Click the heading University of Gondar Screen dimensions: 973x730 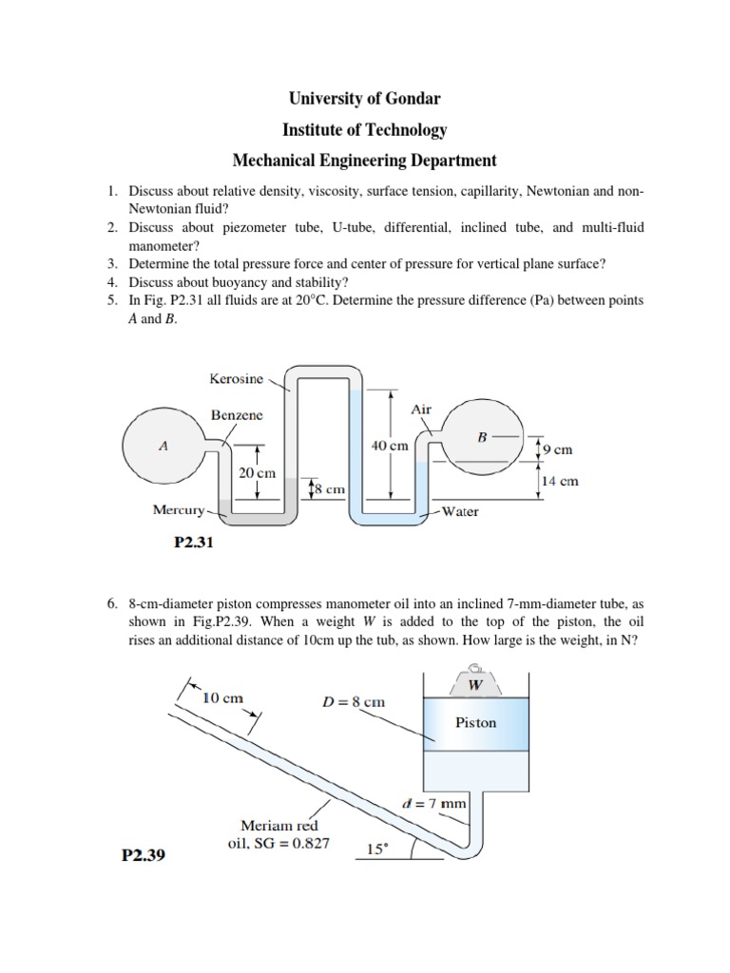365,98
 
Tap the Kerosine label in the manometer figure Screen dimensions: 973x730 236,378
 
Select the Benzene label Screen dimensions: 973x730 237,415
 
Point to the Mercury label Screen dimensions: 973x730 179,510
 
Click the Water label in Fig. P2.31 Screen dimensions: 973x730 460,511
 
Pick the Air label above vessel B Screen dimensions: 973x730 421,410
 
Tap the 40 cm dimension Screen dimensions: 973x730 391,445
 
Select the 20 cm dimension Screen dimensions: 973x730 257,472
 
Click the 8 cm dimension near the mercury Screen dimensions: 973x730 328,488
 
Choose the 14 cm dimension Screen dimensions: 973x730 559,481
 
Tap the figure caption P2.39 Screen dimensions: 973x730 144,855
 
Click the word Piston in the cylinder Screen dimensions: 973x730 475,722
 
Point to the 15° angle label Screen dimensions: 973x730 378,850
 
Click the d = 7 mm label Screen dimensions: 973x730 432,803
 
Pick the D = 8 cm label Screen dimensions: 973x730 355,701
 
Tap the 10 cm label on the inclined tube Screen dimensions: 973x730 224,697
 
